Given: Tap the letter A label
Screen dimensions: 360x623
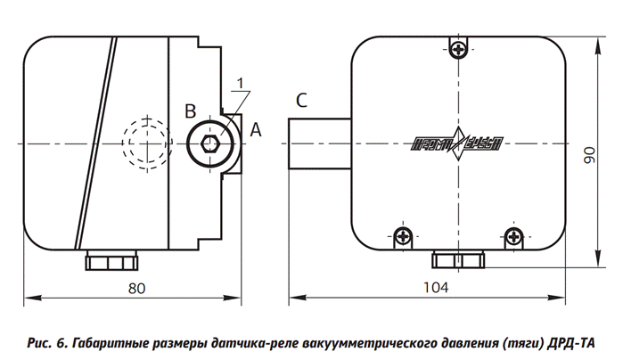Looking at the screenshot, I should click(256, 130).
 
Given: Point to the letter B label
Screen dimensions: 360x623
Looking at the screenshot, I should click(189, 110).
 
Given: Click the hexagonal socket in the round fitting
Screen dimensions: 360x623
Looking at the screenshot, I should click(212, 145).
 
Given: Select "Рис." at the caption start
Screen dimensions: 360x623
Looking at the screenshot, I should click(42, 343).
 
